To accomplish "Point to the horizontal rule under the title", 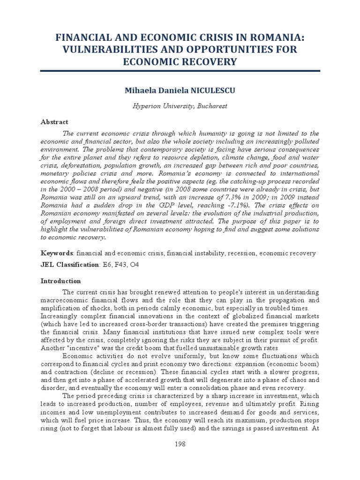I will (180, 71).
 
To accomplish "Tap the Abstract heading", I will (54, 121).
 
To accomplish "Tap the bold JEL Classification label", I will (70, 265).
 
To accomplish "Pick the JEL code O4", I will (135, 265).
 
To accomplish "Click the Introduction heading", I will (61, 281).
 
